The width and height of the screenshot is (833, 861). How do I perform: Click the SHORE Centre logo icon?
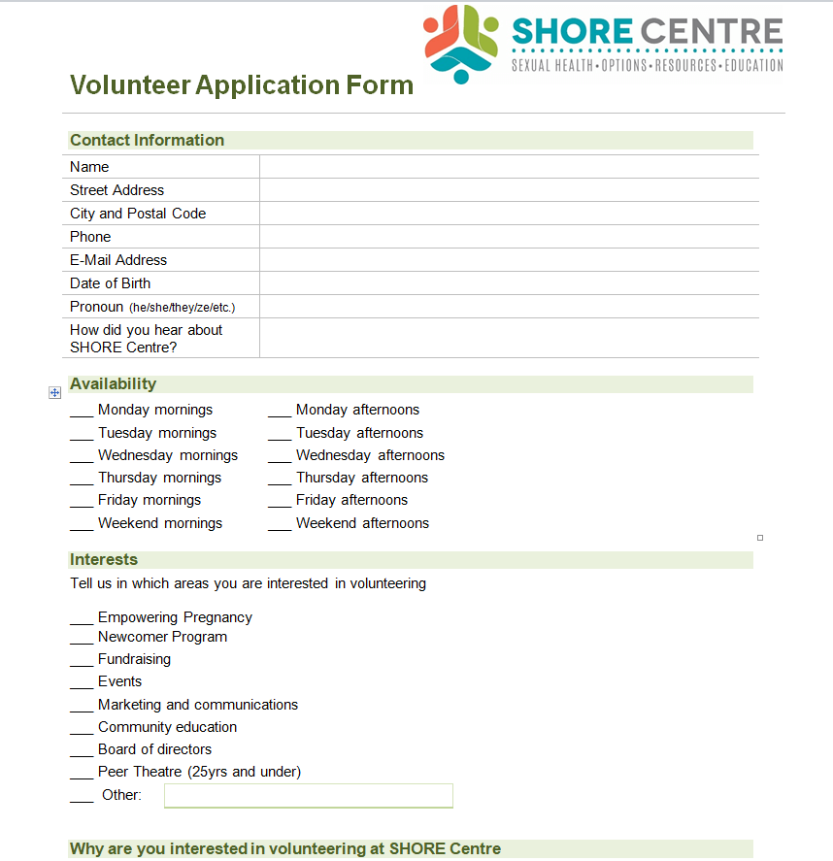[x=460, y=44]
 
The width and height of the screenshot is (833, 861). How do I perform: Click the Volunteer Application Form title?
[x=242, y=85]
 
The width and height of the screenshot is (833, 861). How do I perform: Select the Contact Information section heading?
[x=147, y=140]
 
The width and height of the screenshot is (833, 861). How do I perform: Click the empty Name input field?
[x=508, y=167]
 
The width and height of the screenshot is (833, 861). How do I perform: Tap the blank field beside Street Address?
[x=508, y=190]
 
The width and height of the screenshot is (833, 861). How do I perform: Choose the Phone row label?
[x=90, y=237]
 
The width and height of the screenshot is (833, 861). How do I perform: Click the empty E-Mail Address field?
[x=508, y=260]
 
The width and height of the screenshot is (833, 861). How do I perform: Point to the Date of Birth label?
[x=110, y=283]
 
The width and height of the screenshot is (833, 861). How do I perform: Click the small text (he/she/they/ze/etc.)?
[x=182, y=308]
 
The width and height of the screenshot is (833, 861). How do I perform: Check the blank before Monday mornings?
[x=82, y=412]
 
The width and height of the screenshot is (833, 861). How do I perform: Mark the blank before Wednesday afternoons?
[x=280, y=457]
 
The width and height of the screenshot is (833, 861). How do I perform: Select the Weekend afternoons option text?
[x=362, y=523]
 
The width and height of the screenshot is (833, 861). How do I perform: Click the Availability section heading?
[x=113, y=384]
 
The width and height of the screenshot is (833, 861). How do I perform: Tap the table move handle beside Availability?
[x=55, y=392]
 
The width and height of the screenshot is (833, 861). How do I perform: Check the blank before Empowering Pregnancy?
[x=82, y=619]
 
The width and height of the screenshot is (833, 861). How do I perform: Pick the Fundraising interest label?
[x=134, y=659]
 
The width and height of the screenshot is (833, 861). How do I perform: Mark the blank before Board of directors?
[x=82, y=751]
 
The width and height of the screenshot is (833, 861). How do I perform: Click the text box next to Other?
[x=308, y=796]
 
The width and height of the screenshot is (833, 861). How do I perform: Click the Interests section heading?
[x=104, y=560]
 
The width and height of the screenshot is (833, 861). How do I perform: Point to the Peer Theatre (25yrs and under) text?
[x=199, y=772]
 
